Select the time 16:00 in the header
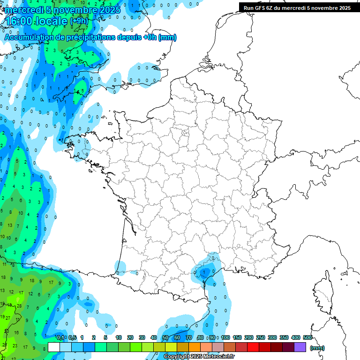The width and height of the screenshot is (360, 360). [x=21, y=21]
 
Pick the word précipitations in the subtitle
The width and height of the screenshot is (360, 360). [x=89, y=37]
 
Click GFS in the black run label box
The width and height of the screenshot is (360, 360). [x=262, y=7]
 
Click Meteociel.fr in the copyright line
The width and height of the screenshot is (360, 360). [x=218, y=357]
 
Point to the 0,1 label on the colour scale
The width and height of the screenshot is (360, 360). [x=60, y=338]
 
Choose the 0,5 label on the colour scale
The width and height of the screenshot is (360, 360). [x=73, y=338]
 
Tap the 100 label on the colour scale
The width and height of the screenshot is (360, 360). [x=225, y=338]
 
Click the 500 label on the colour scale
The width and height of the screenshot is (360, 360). [x=307, y=338]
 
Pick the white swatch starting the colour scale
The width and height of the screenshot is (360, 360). [x=54, y=347]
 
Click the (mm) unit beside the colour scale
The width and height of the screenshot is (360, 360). [x=317, y=348]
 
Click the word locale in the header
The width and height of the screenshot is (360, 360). [x=51, y=21]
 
